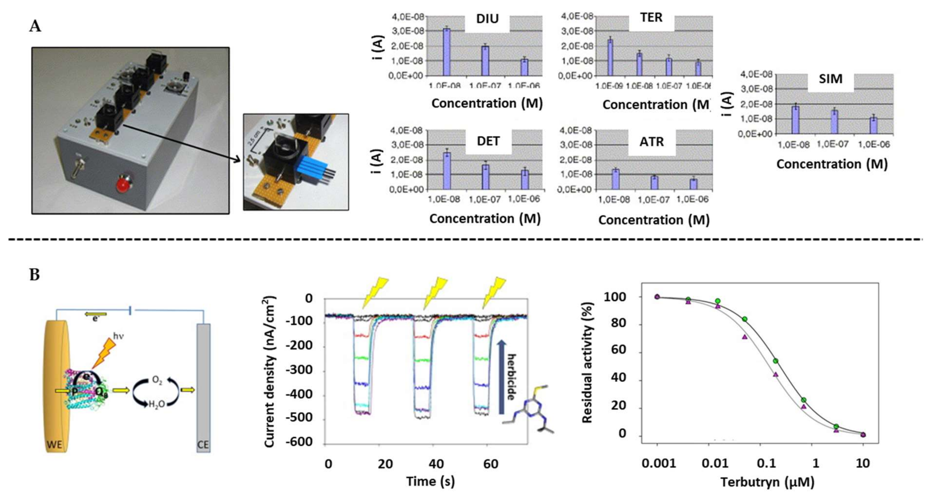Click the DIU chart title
click(x=487, y=19)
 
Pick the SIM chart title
click(x=830, y=79)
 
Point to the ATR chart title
click(x=652, y=142)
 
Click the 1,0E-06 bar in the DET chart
click(x=525, y=180)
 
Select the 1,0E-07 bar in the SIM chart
click(x=834, y=122)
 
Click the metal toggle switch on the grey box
click(x=77, y=168)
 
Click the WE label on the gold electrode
click(x=54, y=444)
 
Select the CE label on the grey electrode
click(x=203, y=444)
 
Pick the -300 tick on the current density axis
click(x=299, y=370)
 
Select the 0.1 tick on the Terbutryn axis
click(x=767, y=463)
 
